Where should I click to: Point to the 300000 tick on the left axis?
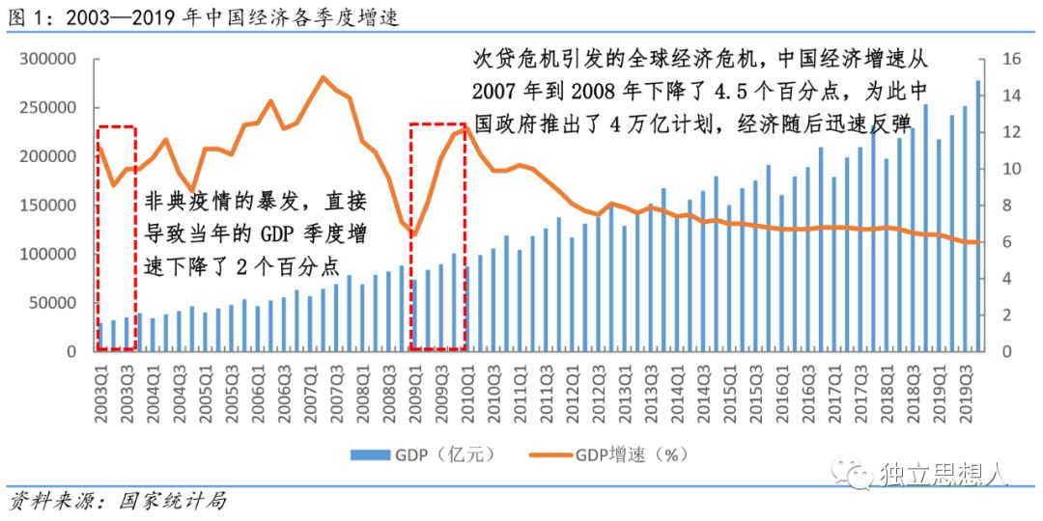pyautogui.click(x=48, y=59)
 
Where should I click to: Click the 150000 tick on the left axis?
pyautogui.click(x=48, y=206)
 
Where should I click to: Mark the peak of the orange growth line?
pyautogui.click(x=323, y=77)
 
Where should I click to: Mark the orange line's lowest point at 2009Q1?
pyautogui.click(x=414, y=234)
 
